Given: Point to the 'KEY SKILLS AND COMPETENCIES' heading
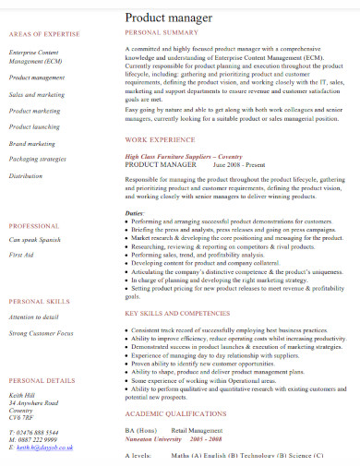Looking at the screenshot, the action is [x=177, y=314].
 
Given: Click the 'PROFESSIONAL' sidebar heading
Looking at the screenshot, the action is [x=34, y=226].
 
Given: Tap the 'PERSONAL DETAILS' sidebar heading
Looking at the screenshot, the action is [x=42, y=380].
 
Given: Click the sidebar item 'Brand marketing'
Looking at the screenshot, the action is [x=31, y=144].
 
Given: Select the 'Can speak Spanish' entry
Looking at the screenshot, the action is [x=35, y=240].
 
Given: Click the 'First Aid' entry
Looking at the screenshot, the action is [x=21, y=255].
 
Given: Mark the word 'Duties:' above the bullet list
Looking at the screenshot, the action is [x=135, y=213].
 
